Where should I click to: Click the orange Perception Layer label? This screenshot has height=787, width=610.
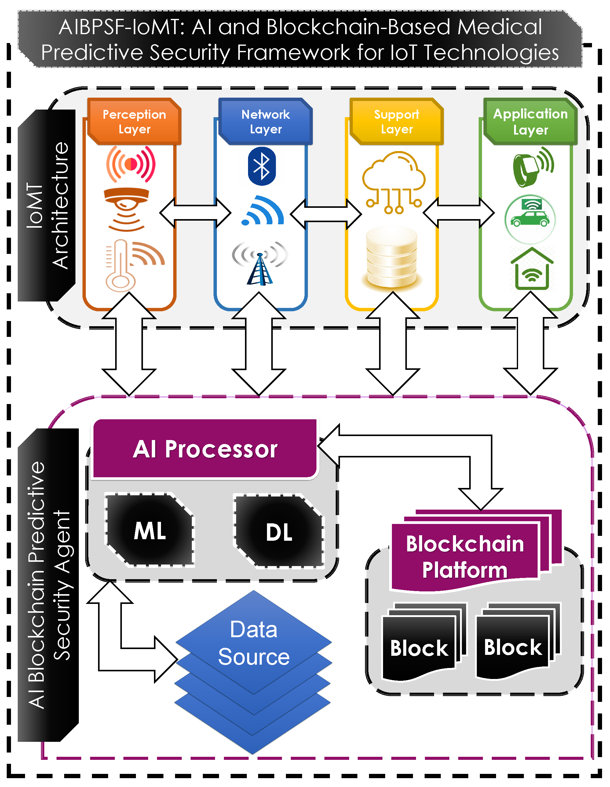click(134, 121)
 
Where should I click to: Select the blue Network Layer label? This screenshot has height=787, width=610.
click(265, 121)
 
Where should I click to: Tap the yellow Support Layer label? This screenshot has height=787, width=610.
click(396, 121)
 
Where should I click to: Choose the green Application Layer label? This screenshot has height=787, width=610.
click(530, 121)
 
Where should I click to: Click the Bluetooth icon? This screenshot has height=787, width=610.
click(262, 166)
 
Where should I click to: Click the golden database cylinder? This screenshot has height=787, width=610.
click(392, 257)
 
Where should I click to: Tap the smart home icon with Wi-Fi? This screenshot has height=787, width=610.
click(532, 269)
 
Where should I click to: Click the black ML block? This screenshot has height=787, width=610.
click(150, 530)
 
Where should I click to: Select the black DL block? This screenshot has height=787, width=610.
click(279, 532)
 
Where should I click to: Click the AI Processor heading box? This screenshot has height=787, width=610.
click(205, 449)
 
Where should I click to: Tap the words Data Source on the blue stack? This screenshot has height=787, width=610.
click(254, 643)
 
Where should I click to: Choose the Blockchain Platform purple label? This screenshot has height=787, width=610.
click(465, 557)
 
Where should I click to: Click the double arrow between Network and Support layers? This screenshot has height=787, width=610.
click(326, 213)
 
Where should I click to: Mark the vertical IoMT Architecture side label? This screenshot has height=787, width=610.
click(47, 205)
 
